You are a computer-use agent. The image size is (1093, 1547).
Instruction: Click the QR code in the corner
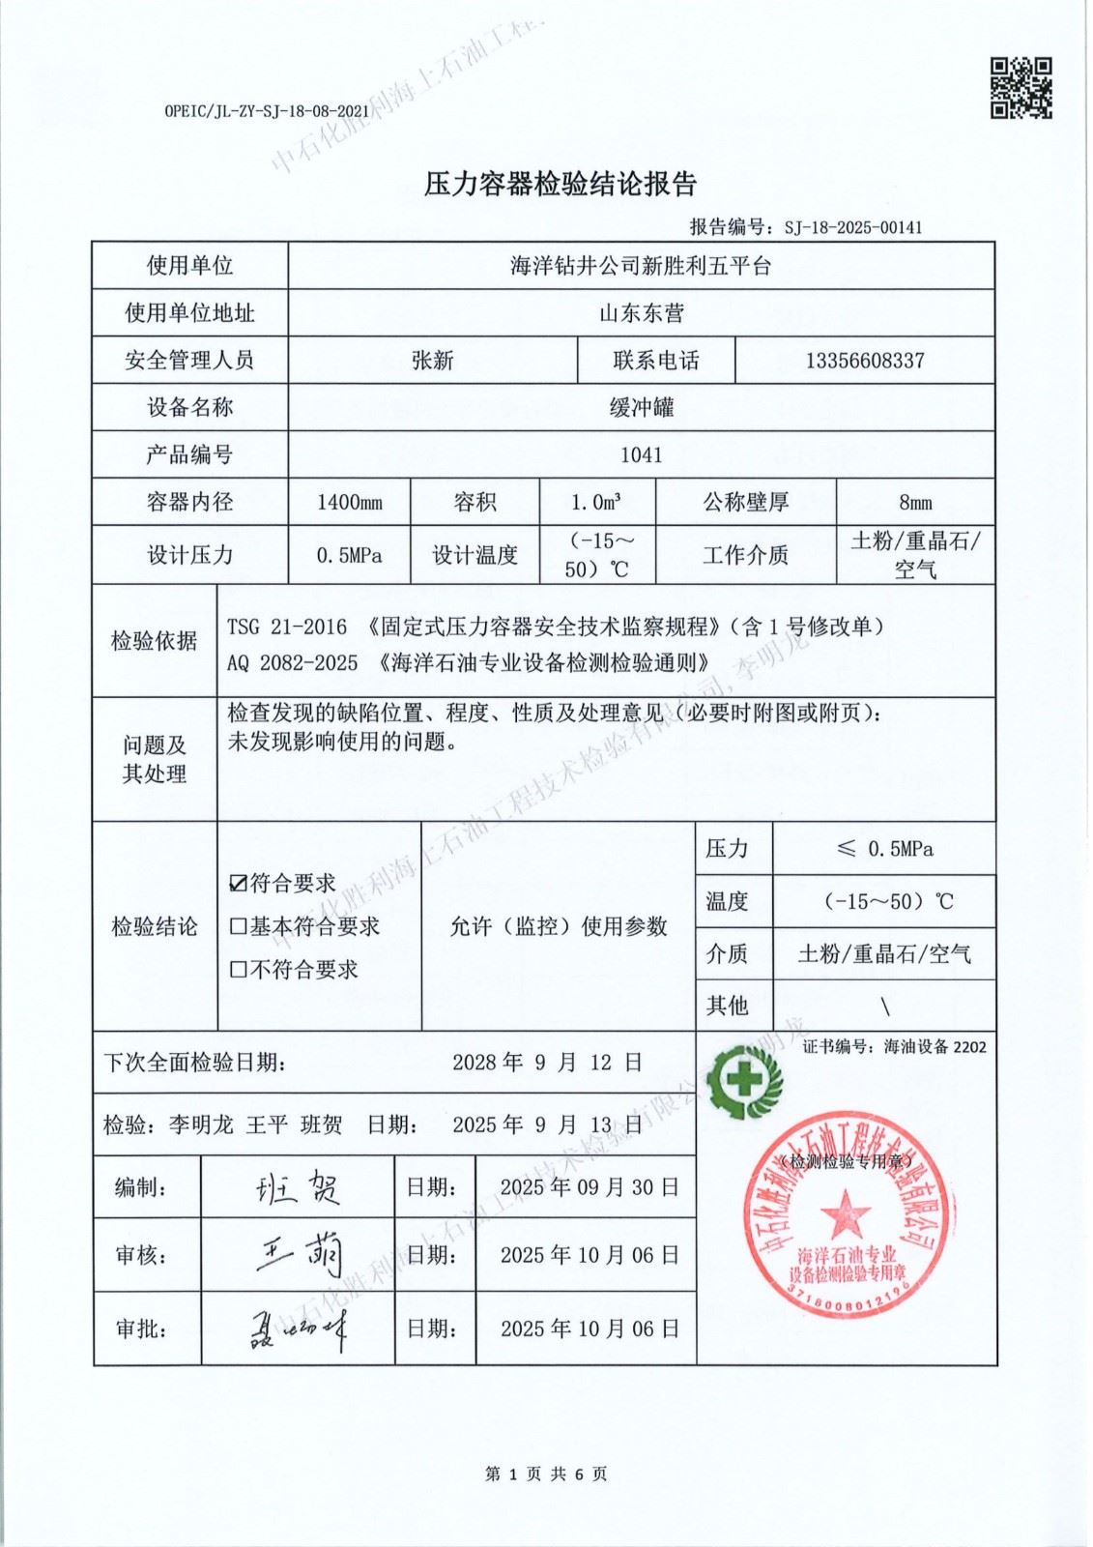pyautogui.click(x=1021, y=88)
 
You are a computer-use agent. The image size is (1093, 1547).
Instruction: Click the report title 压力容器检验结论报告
pyautogui.click(x=561, y=184)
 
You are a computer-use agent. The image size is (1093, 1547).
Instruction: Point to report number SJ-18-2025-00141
pyautogui.click(x=852, y=228)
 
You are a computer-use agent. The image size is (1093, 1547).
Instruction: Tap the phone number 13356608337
pyautogui.click(x=864, y=361)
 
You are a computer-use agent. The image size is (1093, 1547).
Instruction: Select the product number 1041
pyautogui.click(x=641, y=454)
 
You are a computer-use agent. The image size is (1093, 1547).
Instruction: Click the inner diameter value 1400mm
pyautogui.click(x=349, y=503)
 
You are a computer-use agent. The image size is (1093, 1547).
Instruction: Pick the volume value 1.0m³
pyautogui.click(x=595, y=503)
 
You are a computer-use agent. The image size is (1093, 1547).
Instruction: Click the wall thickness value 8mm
pyautogui.click(x=914, y=503)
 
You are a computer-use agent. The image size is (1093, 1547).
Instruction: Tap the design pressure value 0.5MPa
pyautogui.click(x=349, y=556)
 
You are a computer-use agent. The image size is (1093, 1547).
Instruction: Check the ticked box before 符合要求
pyautogui.click(x=238, y=883)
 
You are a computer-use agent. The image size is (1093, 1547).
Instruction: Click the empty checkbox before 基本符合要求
pyautogui.click(x=238, y=926)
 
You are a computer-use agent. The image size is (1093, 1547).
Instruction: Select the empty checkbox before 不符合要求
pyautogui.click(x=238, y=969)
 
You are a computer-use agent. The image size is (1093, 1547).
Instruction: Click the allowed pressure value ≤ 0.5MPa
pyautogui.click(x=884, y=849)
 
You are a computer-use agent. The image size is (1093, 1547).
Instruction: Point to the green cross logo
pyautogui.click(x=743, y=1081)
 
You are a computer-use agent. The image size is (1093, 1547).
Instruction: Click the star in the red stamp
pyautogui.click(x=846, y=1212)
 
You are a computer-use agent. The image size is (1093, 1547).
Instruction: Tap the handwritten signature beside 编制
pyautogui.click(x=298, y=1187)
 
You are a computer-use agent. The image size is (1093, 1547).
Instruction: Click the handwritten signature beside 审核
pyautogui.click(x=298, y=1255)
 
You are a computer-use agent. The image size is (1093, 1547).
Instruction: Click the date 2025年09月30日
pyautogui.click(x=589, y=1187)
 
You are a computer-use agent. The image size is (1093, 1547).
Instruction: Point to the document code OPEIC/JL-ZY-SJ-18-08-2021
pyautogui.click(x=267, y=111)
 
